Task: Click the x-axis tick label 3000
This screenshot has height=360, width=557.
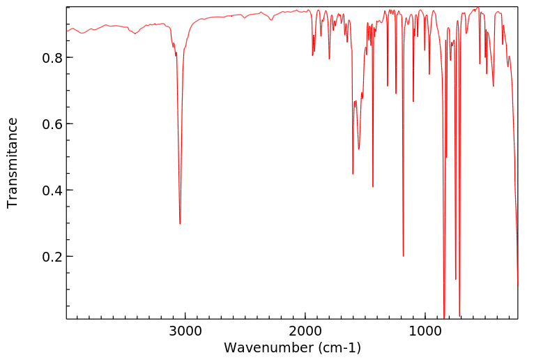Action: (185, 331)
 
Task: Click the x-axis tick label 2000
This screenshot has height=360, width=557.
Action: (305, 331)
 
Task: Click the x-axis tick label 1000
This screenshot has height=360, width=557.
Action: (425, 331)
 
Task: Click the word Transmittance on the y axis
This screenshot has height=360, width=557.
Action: (13, 163)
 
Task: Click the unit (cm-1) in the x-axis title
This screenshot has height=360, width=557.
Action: (339, 347)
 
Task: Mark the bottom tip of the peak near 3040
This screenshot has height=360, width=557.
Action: (180, 223)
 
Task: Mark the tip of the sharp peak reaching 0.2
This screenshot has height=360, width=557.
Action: (403, 256)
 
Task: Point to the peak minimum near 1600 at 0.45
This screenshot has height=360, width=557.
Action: (353, 174)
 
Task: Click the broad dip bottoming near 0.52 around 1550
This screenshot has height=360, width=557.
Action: (359, 149)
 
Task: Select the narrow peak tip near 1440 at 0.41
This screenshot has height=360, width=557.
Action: (373, 187)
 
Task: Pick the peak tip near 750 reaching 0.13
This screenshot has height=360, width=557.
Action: (456, 279)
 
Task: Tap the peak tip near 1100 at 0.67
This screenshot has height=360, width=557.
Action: (413, 102)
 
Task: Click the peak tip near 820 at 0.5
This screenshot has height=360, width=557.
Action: (447, 157)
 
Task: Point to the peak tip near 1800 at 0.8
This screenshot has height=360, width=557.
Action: (329, 59)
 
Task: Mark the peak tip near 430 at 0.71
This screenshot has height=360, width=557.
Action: (494, 86)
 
